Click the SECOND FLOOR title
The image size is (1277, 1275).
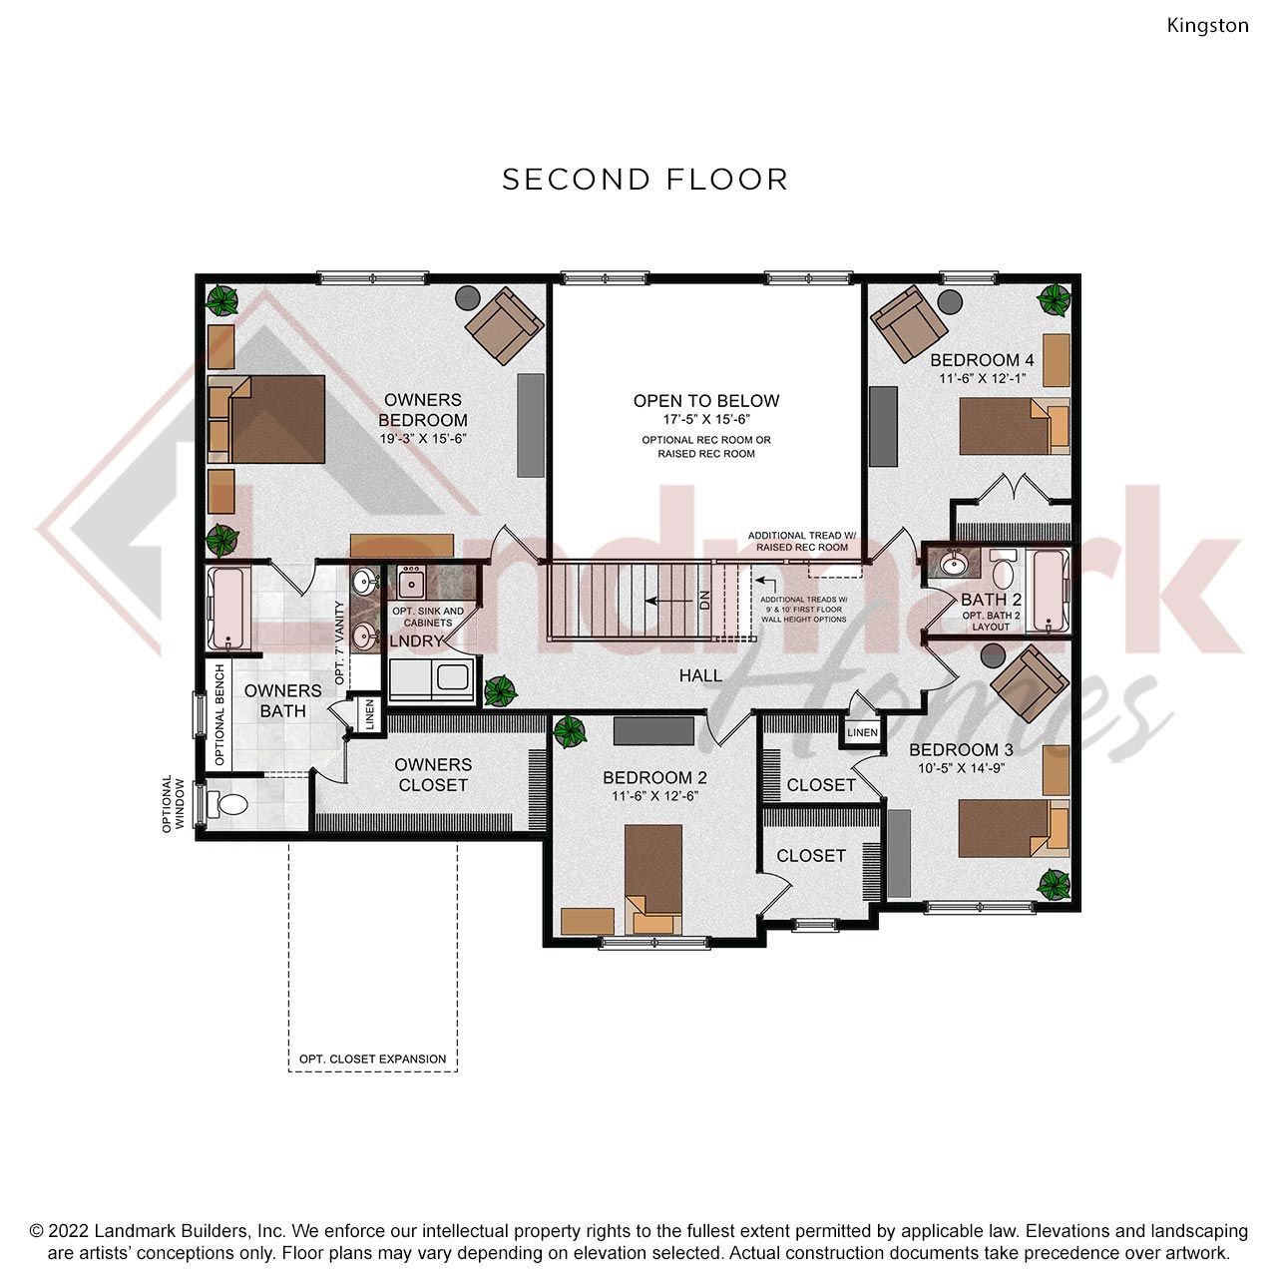644,180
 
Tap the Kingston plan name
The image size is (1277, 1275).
1207,26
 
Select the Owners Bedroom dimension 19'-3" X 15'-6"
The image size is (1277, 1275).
423,439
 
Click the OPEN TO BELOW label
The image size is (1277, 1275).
705,401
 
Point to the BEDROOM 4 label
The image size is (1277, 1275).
982,360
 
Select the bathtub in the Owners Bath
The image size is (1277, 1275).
229,609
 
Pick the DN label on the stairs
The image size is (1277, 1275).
705,600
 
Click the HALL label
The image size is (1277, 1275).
700,676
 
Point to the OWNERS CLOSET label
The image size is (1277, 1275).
433,774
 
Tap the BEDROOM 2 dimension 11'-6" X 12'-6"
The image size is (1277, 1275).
654,796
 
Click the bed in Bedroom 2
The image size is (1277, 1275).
653,878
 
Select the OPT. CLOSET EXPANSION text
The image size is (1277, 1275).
372,1059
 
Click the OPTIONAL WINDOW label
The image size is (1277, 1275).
173,804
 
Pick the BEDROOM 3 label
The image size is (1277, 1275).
961,750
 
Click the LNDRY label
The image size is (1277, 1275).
416,641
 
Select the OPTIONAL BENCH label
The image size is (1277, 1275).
220,715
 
